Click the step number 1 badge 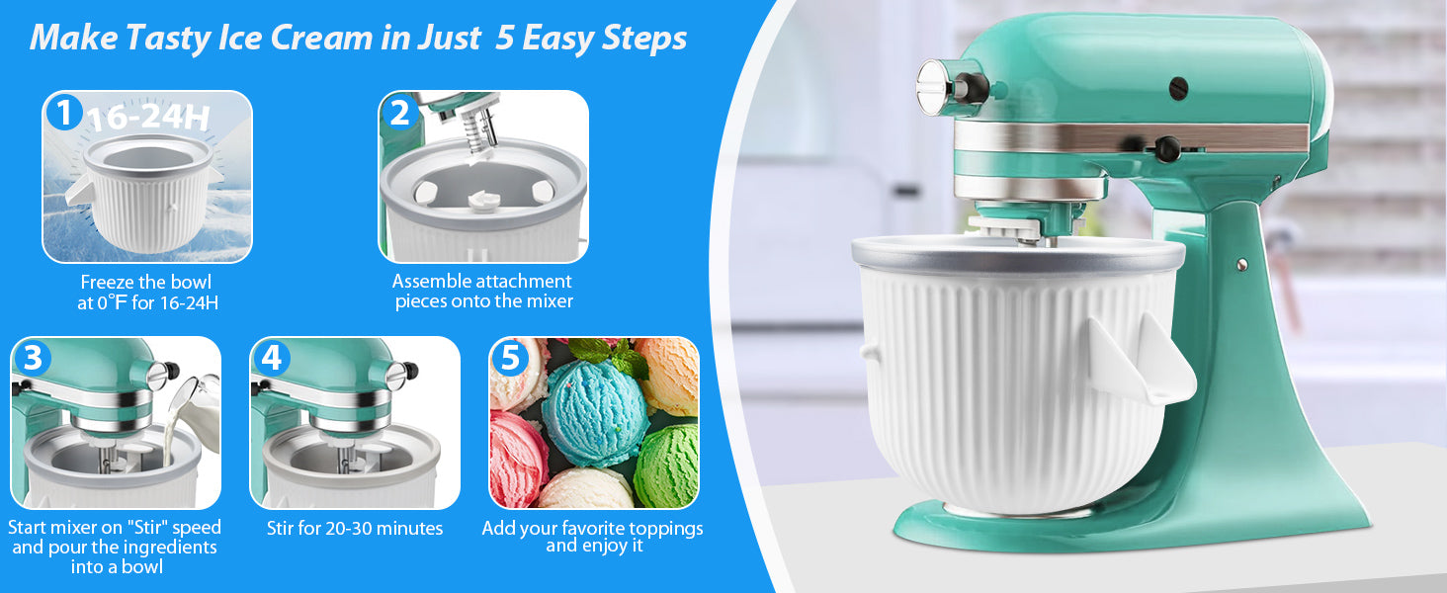[64, 113]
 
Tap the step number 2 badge [400, 113]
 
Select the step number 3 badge [33, 358]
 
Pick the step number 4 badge [271, 358]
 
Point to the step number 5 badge [510, 358]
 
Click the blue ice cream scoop [594, 413]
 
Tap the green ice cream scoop [666, 466]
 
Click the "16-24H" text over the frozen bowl [149, 118]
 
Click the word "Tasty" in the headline [167, 39]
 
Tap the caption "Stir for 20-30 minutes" [355, 529]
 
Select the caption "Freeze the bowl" [146, 283]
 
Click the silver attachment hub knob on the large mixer [936, 88]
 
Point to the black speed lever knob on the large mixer [1167, 148]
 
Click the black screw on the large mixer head [1178, 87]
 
